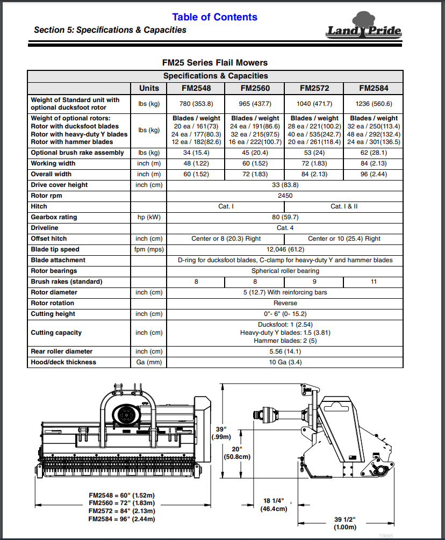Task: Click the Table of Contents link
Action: (x=214, y=17)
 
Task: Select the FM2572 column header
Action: (x=314, y=88)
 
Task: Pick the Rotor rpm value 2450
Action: (x=285, y=196)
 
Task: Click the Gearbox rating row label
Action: (x=54, y=217)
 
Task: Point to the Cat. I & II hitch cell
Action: (x=344, y=206)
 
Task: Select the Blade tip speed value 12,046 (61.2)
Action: (x=285, y=249)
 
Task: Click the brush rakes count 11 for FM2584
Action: (x=374, y=282)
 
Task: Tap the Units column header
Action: (x=149, y=88)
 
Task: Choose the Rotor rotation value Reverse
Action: (x=285, y=303)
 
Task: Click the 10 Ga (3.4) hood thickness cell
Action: (x=285, y=362)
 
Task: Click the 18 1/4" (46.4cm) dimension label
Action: (x=274, y=504)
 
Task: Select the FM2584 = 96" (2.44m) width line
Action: (x=122, y=519)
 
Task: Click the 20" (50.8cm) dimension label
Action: (x=237, y=453)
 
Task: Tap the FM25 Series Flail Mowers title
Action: (x=214, y=63)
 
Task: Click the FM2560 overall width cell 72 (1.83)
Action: (x=255, y=174)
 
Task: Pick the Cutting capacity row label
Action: (x=56, y=333)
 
